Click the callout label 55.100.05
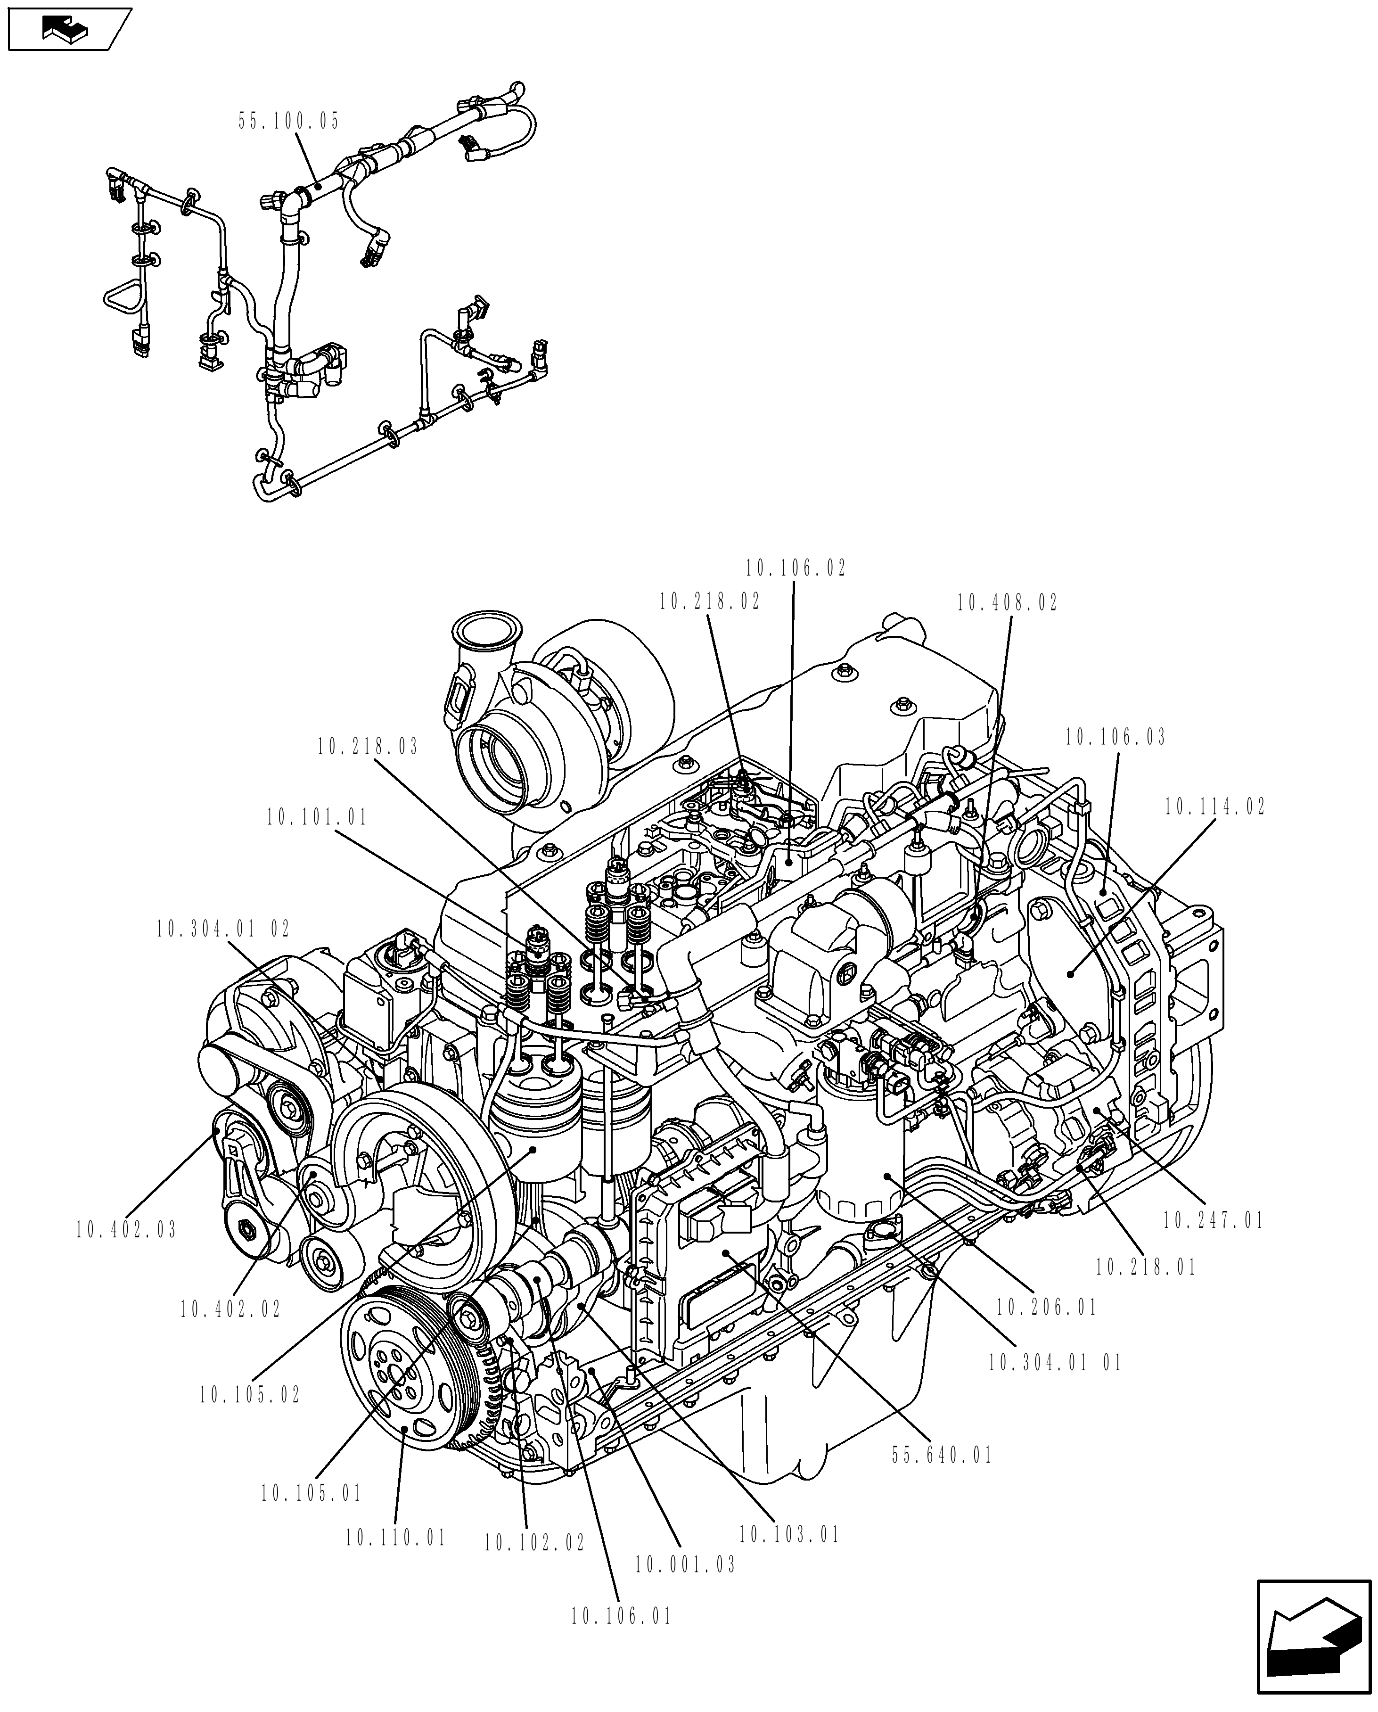tap(288, 122)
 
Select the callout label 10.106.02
tap(796, 568)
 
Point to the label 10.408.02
tap(1007, 603)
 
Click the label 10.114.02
tap(1214, 807)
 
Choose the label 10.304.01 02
tap(223, 929)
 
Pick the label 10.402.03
tap(126, 1230)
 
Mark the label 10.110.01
tap(395, 1538)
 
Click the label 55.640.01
tap(942, 1456)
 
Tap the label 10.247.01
tap(1213, 1220)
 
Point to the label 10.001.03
tap(685, 1564)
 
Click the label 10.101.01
tap(317, 818)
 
